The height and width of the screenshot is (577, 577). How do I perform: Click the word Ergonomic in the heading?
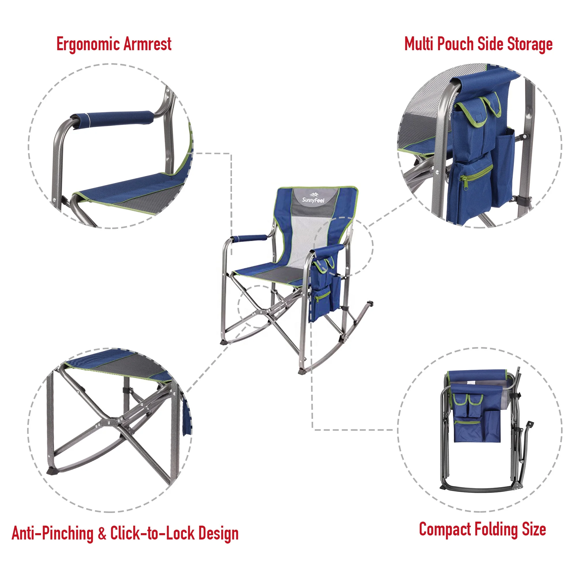click(88, 44)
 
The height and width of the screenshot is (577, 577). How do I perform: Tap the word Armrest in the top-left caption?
click(147, 44)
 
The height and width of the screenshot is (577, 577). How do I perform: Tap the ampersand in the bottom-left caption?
click(102, 533)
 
